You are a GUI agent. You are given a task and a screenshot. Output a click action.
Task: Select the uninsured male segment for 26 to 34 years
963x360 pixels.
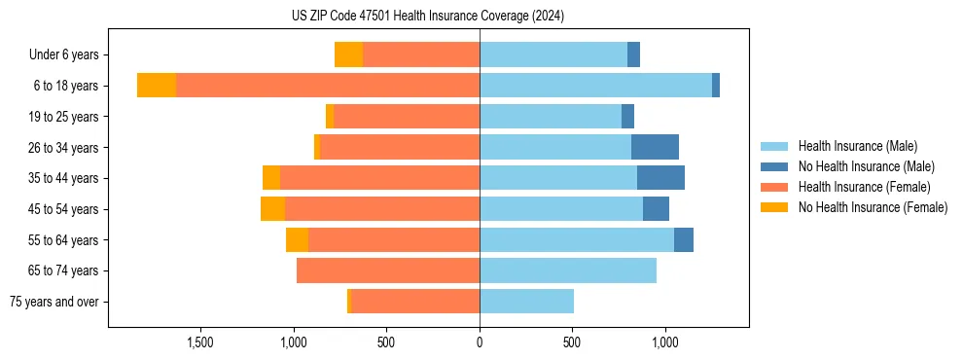click(655, 147)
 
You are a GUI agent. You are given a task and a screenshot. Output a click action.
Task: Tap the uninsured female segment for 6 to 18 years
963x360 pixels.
click(157, 86)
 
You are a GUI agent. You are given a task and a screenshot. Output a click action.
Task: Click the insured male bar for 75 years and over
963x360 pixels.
click(526, 302)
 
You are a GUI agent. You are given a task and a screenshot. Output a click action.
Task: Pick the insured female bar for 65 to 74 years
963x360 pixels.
click(388, 270)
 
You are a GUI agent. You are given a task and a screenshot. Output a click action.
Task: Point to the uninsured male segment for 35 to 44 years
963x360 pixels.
click(660, 178)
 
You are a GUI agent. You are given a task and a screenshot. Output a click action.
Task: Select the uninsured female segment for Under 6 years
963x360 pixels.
click(348, 54)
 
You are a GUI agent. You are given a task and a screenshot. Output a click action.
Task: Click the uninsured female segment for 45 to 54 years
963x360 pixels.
click(272, 209)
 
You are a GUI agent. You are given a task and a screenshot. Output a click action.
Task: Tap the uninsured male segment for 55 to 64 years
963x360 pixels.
click(684, 239)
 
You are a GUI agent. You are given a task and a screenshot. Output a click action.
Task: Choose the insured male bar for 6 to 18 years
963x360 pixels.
click(595, 86)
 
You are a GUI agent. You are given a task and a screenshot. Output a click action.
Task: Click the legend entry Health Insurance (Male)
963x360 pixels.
click(857, 146)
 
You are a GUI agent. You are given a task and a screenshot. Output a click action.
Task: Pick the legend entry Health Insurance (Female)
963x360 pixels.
click(864, 187)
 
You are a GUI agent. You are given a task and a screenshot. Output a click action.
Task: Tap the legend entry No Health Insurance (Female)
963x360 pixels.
click(873, 207)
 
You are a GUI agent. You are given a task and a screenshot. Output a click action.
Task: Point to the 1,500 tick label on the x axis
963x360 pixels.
click(200, 342)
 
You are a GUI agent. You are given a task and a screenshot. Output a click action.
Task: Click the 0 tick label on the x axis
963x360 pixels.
click(480, 342)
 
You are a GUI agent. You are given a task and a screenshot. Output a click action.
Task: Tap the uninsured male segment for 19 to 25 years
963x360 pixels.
click(627, 117)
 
